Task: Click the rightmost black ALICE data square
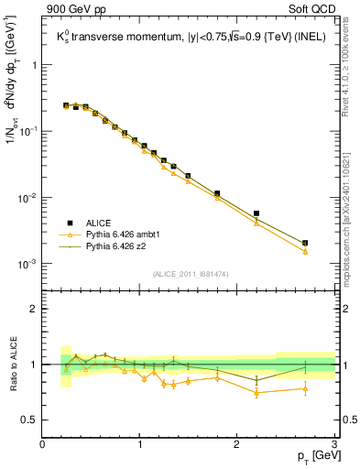point(305,243)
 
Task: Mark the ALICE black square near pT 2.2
point(256,213)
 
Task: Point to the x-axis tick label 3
point(334,444)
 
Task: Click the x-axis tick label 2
point(237,444)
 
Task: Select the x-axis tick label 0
point(42,444)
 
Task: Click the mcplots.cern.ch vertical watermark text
point(345,215)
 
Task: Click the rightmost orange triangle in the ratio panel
point(305,388)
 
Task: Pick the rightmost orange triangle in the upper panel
point(305,251)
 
